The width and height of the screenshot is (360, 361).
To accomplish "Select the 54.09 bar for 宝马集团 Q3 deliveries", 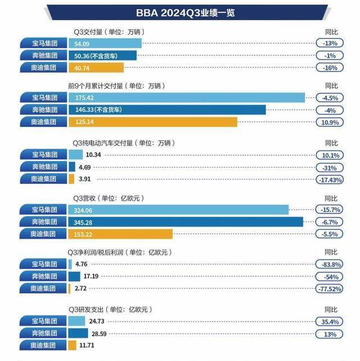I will pos(105,43).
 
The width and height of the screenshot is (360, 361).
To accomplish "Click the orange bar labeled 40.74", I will pos(96,67).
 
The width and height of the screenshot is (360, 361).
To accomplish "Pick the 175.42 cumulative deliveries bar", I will pos(186,98).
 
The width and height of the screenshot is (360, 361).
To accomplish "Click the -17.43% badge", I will pos(329,179).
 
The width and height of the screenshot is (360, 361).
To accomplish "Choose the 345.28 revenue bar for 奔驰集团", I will pos(186,222).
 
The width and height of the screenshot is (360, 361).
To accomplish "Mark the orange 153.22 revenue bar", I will pos(120,233).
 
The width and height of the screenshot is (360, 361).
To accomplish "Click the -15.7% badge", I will pos(329,209).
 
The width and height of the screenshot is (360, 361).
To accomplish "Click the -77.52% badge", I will pos(329,288).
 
